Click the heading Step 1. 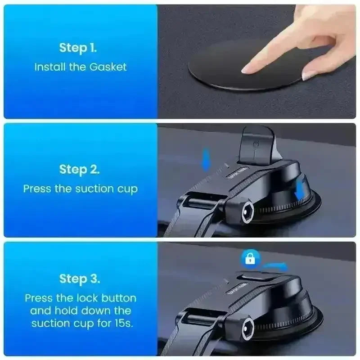tap(78, 48)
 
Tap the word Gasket tap(108, 67)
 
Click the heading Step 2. tap(80, 170)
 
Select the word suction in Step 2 tap(94, 189)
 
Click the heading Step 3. tap(80, 279)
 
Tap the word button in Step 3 tap(119, 298)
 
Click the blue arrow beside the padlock tap(275, 266)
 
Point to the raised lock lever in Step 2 tap(256, 145)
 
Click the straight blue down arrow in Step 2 tap(206, 159)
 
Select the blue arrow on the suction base tap(300, 189)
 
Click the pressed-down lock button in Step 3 tap(255, 277)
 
